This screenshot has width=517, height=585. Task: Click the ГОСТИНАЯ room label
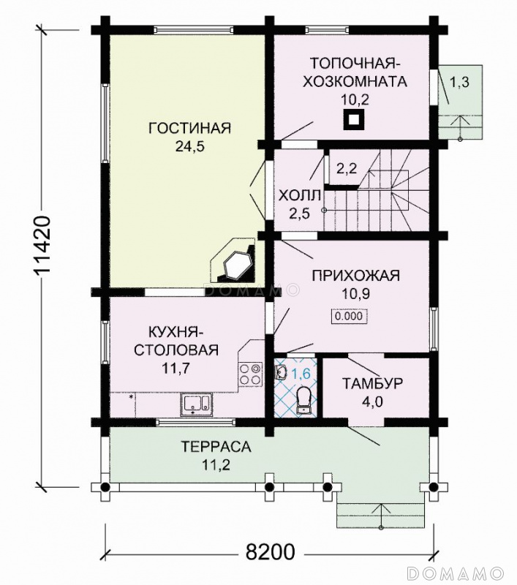pyautogui.click(x=190, y=128)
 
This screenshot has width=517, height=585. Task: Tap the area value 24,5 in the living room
pyautogui.click(x=190, y=147)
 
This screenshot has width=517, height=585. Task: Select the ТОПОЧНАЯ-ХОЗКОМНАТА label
pyautogui.click(x=355, y=72)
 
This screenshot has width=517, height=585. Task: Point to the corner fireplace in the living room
pyautogui.click(x=233, y=261)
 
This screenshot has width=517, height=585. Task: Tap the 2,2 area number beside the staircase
pyautogui.click(x=347, y=169)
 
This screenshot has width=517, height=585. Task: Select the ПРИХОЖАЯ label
pyautogui.click(x=356, y=276)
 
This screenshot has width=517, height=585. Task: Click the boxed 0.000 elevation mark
pyautogui.click(x=349, y=317)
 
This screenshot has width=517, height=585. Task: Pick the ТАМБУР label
pyautogui.click(x=372, y=383)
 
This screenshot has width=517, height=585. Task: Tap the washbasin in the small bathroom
pyautogui.click(x=282, y=371)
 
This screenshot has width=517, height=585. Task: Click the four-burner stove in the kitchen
pyautogui.click(x=250, y=374)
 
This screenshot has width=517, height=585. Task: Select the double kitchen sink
pyautogui.click(x=196, y=404)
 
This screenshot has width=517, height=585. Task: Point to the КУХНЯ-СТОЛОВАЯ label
pyautogui.click(x=176, y=341)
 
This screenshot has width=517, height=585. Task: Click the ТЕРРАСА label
pyautogui.click(x=216, y=447)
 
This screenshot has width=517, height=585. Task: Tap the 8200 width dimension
pyautogui.click(x=270, y=552)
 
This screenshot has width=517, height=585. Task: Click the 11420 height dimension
pyautogui.click(x=42, y=245)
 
